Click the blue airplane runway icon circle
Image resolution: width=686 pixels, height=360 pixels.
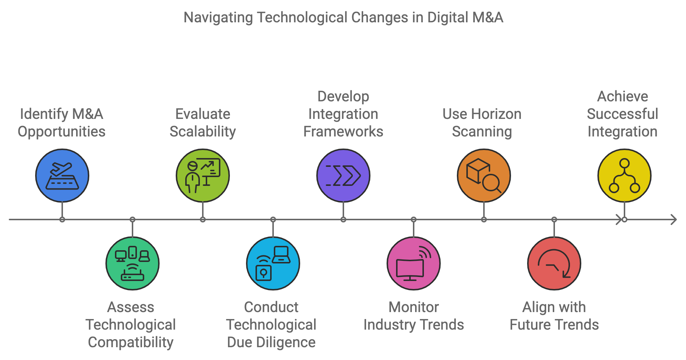pyautogui.click(x=62, y=176)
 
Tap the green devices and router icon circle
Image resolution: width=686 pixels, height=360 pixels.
pyautogui.click(x=133, y=263)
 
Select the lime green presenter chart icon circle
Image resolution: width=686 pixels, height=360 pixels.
pyautogui.click(x=203, y=176)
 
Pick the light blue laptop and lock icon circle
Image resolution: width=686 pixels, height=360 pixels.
pyautogui.click(x=273, y=263)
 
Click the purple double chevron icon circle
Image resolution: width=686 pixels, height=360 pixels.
pyautogui.click(x=343, y=176)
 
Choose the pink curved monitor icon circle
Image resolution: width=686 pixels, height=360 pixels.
pyautogui.click(x=414, y=263)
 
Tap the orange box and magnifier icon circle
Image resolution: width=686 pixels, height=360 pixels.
pyautogui.click(x=484, y=176)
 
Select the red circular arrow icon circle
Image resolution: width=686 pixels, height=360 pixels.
pyautogui.click(x=554, y=263)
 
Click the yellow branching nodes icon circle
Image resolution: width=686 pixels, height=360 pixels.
pyautogui.click(x=625, y=176)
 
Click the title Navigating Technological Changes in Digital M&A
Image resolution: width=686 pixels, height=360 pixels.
pyautogui.click(x=343, y=18)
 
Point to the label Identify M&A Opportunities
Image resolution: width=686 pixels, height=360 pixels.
pyautogui.click(x=61, y=123)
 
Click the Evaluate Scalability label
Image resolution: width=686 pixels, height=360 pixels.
pyautogui.click(x=203, y=123)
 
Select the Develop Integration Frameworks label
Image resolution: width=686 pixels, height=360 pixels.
pyautogui.click(x=343, y=114)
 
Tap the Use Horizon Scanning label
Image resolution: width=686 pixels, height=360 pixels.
pyautogui.click(x=482, y=123)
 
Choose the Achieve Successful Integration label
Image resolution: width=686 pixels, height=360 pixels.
pyautogui.click(x=623, y=114)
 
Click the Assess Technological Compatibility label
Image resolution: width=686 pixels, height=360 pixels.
pyautogui.click(x=131, y=325)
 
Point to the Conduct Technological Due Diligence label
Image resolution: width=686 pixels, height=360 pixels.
pyautogui.click(x=271, y=325)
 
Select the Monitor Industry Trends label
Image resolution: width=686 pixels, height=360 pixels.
pyautogui.click(x=414, y=316)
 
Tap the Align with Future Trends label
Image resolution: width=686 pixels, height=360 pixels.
pyautogui.click(x=554, y=316)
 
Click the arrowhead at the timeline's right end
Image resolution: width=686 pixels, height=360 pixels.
pyautogui.click(x=674, y=220)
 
